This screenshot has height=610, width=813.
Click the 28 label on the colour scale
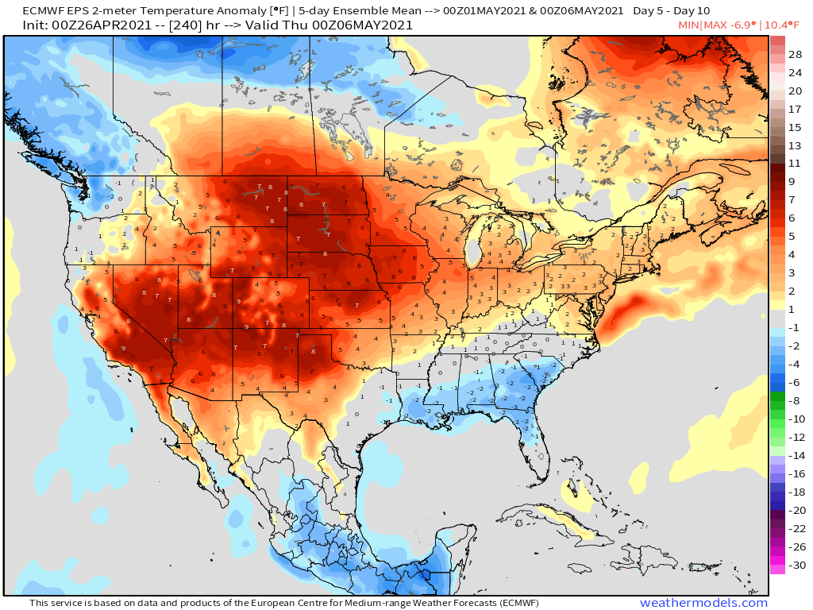(795, 54)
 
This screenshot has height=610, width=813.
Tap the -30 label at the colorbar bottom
(795, 566)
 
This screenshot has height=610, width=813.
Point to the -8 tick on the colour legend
(795, 400)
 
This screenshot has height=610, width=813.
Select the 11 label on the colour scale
(795, 163)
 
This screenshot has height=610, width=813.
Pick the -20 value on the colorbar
(795, 510)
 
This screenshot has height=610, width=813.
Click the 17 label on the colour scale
(795, 109)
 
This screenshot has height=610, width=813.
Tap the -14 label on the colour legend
(795, 455)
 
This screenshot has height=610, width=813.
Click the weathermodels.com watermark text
(703, 603)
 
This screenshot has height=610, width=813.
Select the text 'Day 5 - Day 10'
(671, 11)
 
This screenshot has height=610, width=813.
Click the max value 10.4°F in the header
(787, 25)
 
